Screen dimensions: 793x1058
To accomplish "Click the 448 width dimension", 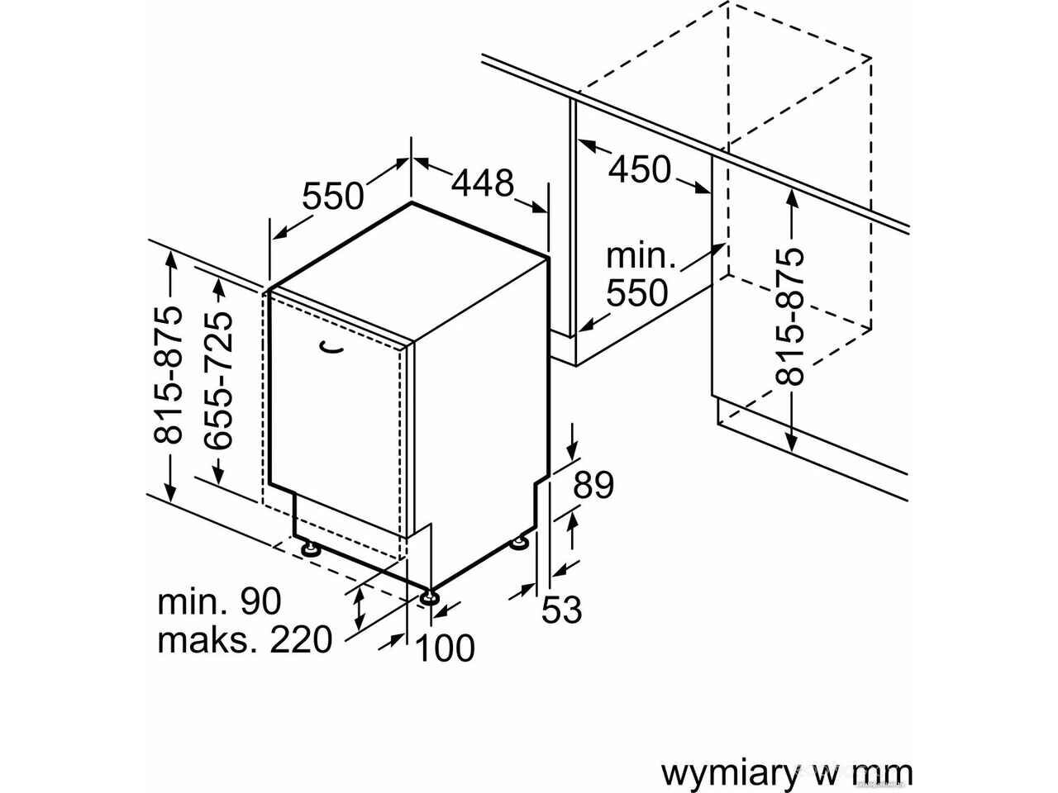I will pos(483,183).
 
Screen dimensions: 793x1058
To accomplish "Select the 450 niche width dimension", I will pos(640,169).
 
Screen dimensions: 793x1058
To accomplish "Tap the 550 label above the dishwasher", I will pos(332,197).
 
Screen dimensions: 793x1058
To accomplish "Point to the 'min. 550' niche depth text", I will pos(637,275).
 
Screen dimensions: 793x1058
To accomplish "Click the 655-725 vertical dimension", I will pos(219,381).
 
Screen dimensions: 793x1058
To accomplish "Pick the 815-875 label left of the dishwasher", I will pos(169,375).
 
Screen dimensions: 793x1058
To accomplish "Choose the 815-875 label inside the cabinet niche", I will pos(791,316).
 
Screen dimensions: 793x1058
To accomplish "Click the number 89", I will pos(593,485).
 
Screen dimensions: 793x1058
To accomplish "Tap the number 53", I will pos(561,610).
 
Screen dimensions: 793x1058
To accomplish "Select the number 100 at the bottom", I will pos(445,648).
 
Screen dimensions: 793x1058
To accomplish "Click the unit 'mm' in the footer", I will pos(885,773).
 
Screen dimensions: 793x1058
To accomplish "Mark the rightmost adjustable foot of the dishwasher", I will pos(519,543).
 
